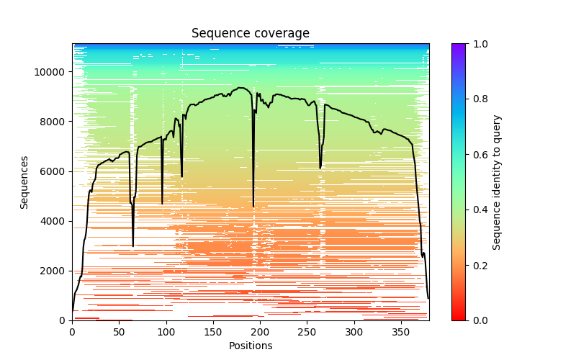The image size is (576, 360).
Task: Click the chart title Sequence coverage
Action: pyautogui.click(x=250, y=34)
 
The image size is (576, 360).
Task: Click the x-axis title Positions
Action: pyautogui.click(x=250, y=346)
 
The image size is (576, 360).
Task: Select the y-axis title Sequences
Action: pyautogui.click(x=24, y=182)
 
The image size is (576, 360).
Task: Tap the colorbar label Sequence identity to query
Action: pyautogui.click(x=497, y=182)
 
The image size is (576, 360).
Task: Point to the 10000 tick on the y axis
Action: pyautogui.click(x=51, y=72)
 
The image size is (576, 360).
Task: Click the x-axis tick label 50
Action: pyautogui.click(x=119, y=332)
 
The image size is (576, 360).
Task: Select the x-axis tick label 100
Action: pyautogui.click(x=166, y=332)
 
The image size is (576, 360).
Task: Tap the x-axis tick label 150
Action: pyautogui.click(x=213, y=332)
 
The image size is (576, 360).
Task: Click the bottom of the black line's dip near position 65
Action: pyautogui.click(x=133, y=246)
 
